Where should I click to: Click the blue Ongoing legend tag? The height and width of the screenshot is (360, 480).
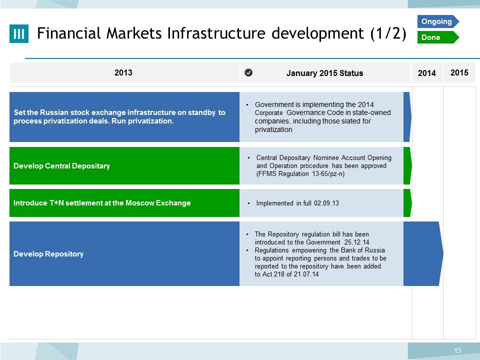coord(438,21)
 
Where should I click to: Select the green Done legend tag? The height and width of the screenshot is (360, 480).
coord(438,37)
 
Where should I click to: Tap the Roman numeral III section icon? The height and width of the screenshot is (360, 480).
coord(19,33)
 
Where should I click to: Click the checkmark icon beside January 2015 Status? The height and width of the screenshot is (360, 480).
coord(248,72)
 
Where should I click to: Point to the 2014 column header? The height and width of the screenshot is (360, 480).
coord(426,73)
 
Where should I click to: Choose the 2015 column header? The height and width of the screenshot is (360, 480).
coord(459,72)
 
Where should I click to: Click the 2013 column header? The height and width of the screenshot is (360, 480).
coord(123,72)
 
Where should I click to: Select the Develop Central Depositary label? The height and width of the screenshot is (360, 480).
coord(61,166)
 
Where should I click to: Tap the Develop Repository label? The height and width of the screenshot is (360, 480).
coord(48,254)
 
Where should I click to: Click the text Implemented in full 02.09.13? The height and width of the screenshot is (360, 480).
coord(297,203)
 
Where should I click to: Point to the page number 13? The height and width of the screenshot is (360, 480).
coord(457,350)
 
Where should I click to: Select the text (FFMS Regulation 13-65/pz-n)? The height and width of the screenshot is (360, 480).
coord(300,174)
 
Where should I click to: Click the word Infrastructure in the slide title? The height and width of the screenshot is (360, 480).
coord(216,33)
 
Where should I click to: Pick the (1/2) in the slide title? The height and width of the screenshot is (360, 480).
coord(388,33)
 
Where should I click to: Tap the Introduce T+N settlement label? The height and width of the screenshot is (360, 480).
coord(102,203)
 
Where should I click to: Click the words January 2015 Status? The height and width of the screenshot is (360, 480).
coord(325,73)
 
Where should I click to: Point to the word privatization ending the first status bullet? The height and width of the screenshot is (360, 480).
coord(273,130)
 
